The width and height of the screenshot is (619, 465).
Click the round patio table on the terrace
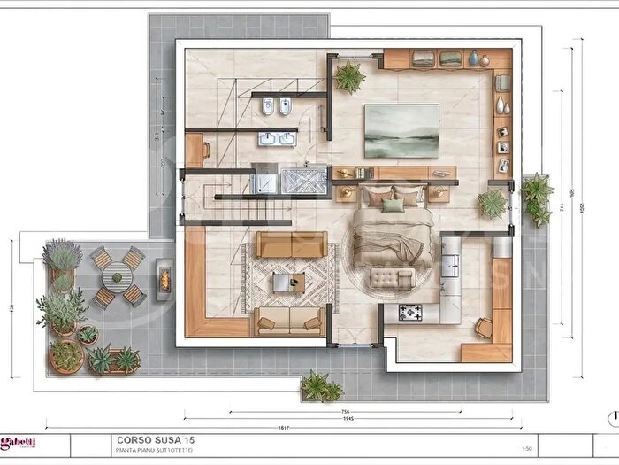click(x=115, y=276)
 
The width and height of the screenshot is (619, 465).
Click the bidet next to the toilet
click(x=286, y=109)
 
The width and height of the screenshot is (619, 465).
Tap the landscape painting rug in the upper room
click(x=401, y=131)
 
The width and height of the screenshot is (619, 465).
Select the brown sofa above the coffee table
click(x=291, y=244)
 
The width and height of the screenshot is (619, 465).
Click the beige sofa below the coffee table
click(x=288, y=321)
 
